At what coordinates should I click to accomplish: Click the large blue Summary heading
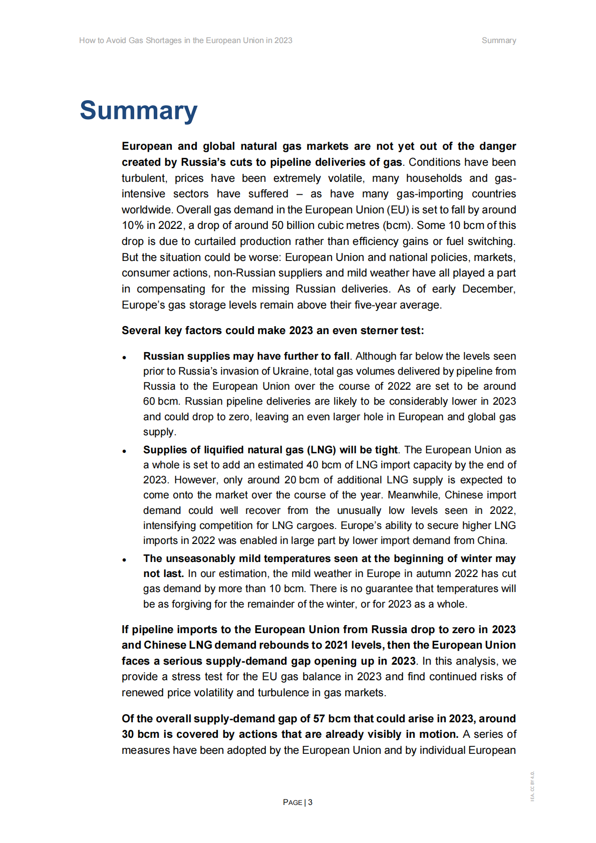click(x=138, y=111)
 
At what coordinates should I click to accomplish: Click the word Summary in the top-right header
click(x=498, y=41)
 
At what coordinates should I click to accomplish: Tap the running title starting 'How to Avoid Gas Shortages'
click(x=185, y=41)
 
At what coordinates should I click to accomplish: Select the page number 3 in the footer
click(x=310, y=802)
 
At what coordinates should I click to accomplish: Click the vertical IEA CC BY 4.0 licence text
click(x=532, y=786)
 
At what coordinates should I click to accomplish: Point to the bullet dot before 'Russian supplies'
click(x=124, y=358)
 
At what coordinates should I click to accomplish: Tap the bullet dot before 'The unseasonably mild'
click(x=124, y=560)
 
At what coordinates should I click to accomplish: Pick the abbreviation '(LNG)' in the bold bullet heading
click(x=321, y=450)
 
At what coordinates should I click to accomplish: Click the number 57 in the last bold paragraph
click(x=319, y=719)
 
